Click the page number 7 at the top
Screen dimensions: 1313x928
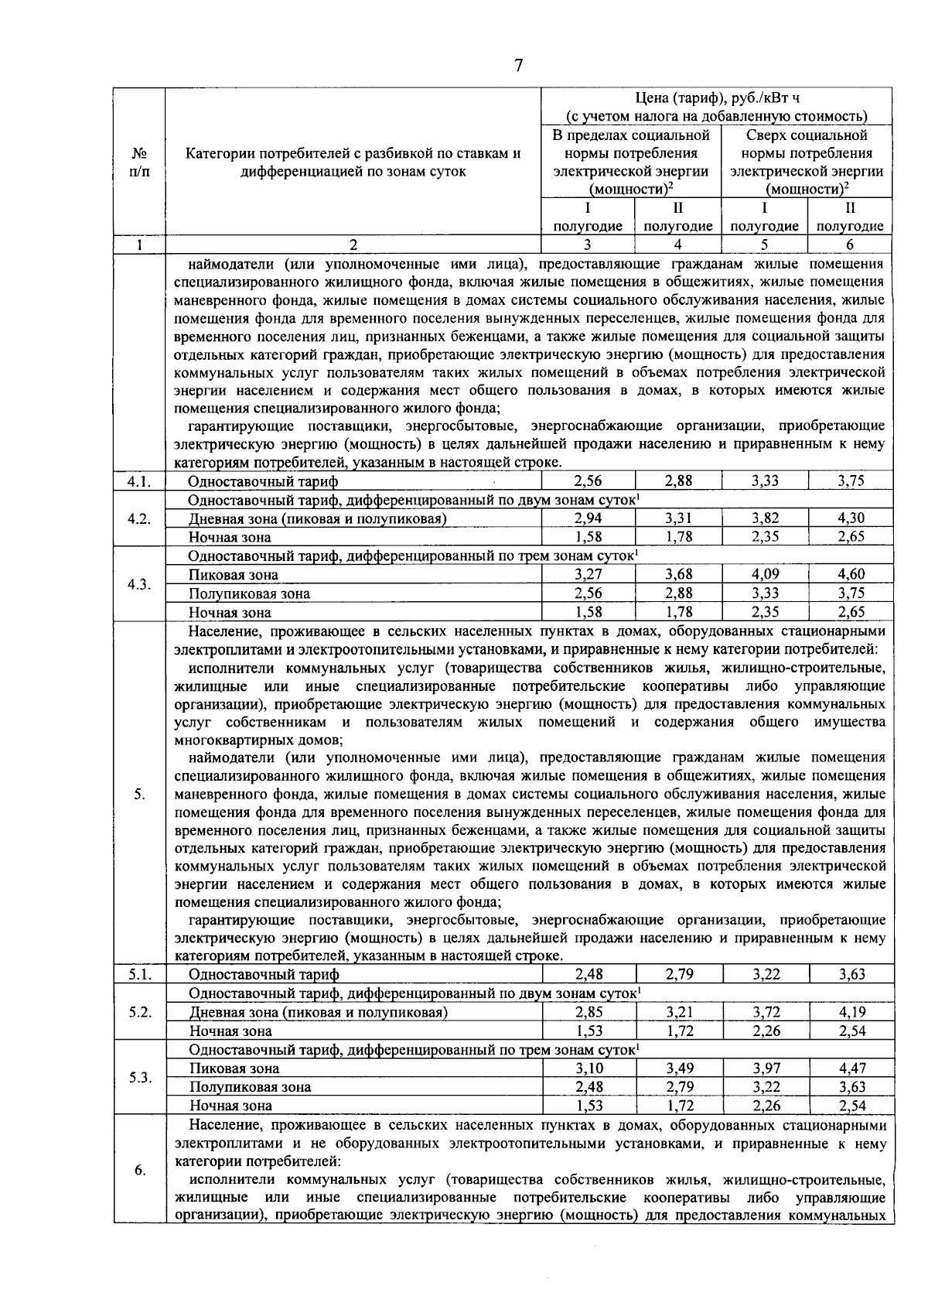point(518,66)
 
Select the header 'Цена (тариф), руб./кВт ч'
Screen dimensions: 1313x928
point(716,98)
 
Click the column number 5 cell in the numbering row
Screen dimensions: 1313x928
point(764,244)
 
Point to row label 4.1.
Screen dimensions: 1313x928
point(139,481)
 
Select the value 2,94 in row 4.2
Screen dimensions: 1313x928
point(589,518)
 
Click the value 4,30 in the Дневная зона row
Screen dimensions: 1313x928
point(851,518)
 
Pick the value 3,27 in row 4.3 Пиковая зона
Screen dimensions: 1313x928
point(589,574)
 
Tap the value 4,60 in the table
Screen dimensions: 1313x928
point(851,574)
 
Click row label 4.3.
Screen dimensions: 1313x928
point(139,584)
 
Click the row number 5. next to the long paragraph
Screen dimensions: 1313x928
point(139,794)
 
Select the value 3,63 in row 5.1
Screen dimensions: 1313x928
point(851,974)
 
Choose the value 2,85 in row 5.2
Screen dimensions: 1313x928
point(589,1011)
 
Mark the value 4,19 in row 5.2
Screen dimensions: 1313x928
point(851,1011)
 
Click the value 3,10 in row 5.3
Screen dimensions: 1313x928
point(589,1068)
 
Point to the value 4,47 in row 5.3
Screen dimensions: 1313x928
point(851,1068)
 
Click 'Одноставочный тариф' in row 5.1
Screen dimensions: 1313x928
point(264,975)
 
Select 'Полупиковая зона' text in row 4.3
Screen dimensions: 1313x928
point(249,593)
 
